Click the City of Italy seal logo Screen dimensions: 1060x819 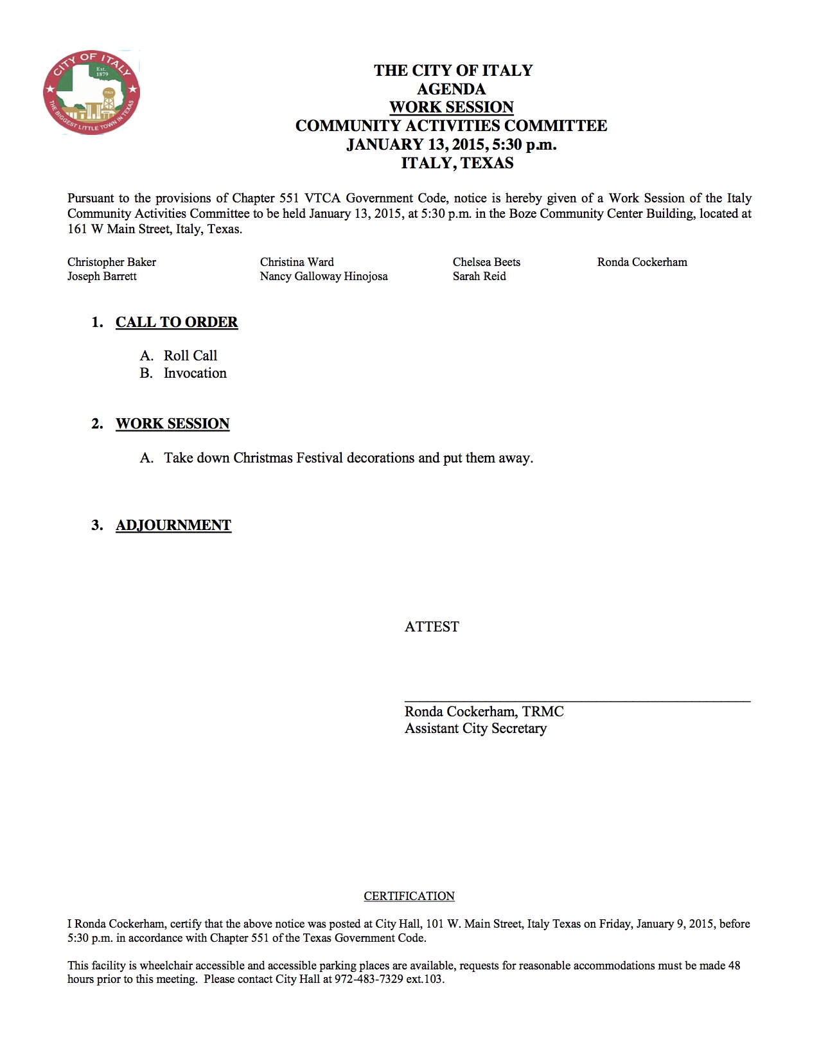(x=91, y=92)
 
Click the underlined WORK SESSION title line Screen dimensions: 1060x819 (x=451, y=107)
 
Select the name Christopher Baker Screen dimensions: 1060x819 (x=112, y=262)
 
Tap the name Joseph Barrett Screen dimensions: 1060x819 (x=102, y=276)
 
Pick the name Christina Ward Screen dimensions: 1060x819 (x=297, y=262)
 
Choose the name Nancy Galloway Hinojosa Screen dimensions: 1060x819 (x=324, y=276)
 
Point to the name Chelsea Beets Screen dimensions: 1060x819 (x=486, y=262)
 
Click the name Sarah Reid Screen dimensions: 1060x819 (x=479, y=276)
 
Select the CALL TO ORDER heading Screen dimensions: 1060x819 (x=177, y=322)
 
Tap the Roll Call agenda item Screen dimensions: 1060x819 (x=190, y=356)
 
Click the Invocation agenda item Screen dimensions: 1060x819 (x=195, y=373)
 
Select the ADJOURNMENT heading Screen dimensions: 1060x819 (x=173, y=526)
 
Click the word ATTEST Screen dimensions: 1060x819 (x=432, y=627)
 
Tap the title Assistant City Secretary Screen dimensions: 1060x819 (x=475, y=729)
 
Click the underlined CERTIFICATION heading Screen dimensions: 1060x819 (x=409, y=896)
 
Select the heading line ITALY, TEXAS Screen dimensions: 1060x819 (x=457, y=163)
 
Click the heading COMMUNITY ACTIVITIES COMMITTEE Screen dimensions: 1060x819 (x=451, y=126)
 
